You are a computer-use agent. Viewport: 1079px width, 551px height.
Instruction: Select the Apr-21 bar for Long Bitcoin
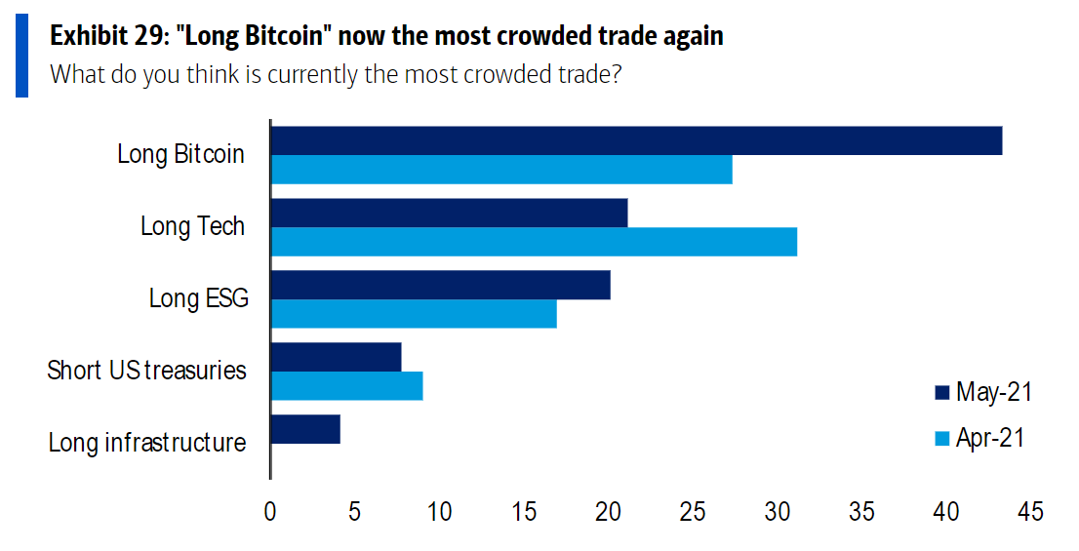pos(501,170)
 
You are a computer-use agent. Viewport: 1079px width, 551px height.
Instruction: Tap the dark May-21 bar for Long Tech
pos(449,213)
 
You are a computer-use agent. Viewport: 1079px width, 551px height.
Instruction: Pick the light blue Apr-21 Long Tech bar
pos(534,242)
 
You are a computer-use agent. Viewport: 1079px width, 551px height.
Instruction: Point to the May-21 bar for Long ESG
pos(440,285)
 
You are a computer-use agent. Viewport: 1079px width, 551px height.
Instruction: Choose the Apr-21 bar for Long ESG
pos(414,314)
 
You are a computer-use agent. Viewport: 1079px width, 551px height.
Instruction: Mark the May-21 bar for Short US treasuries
pos(337,357)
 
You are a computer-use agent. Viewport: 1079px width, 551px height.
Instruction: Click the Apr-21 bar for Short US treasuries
pos(346,386)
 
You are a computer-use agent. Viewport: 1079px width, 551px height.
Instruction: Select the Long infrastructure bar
pos(305,429)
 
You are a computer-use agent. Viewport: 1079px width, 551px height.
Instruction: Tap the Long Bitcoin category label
pos(180,154)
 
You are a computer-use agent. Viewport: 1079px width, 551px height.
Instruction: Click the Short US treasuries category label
pos(146,371)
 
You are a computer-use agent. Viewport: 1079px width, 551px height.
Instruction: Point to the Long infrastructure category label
pos(146,443)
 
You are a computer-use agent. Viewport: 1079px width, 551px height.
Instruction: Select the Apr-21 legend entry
pos(979,438)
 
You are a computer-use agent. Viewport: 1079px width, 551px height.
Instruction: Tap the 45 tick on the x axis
pos(1030,512)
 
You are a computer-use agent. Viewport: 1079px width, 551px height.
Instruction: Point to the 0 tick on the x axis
pos(270,512)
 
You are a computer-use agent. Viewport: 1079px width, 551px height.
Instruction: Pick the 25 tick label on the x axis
pos(693,512)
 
